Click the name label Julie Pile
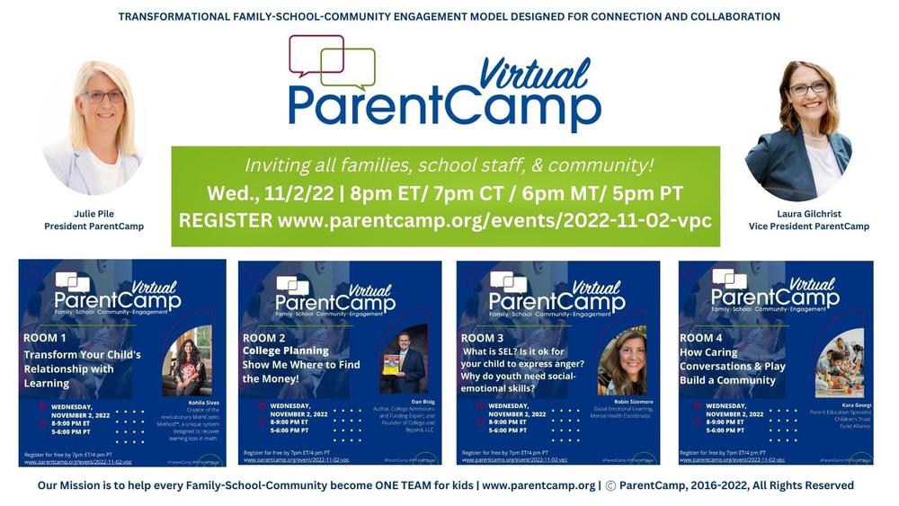(93, 214)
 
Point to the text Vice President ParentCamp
(808, 226)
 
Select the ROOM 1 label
(45, 338)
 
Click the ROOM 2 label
(264, 338)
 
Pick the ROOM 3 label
(484, 338)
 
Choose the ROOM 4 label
(701, 338)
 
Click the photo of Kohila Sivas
(187, 360)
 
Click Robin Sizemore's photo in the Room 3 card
(621, 360)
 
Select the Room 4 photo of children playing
(840, 362)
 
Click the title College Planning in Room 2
(286, 351)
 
